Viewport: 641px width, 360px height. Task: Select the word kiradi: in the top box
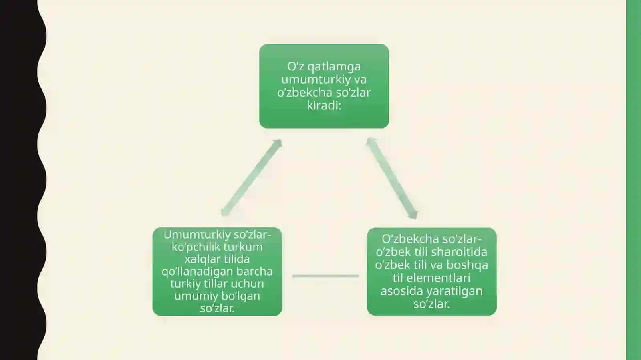point(324,105)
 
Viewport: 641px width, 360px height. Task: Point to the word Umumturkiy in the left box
point(197,235)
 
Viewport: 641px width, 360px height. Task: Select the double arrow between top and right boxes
point(392,178)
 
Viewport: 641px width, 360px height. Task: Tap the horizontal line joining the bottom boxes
point(326,276)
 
